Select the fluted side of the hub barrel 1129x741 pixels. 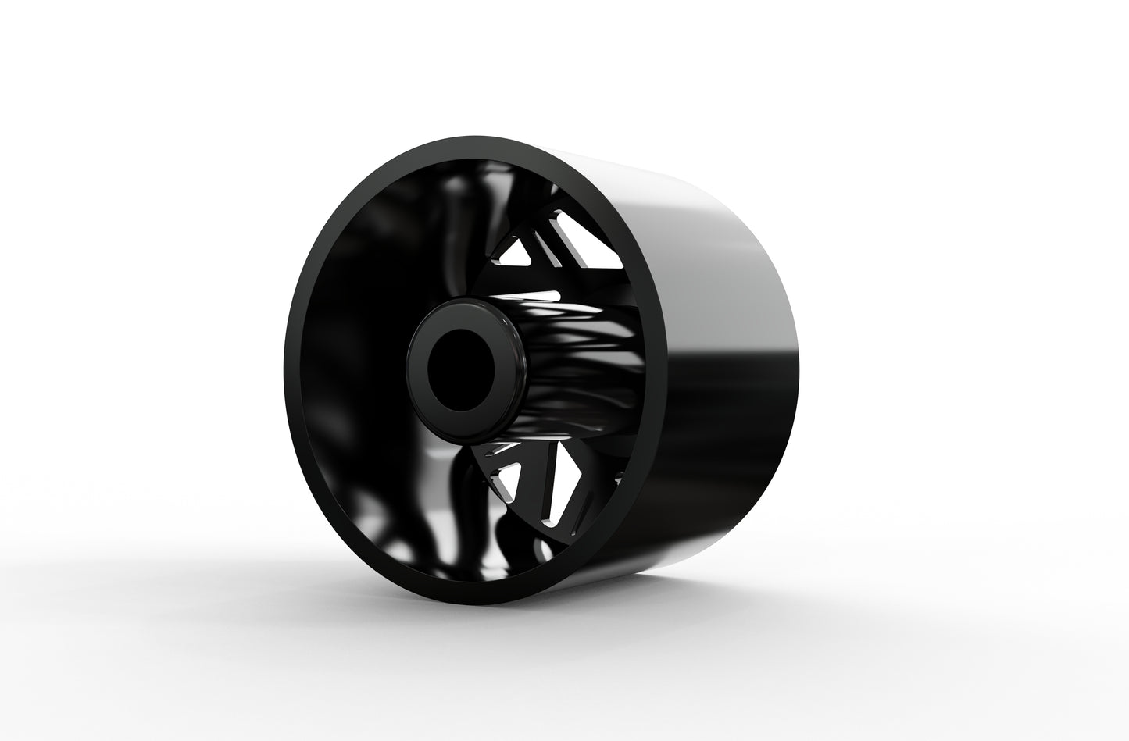[x=563, y=367]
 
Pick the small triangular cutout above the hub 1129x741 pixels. [x=519, y=250]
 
